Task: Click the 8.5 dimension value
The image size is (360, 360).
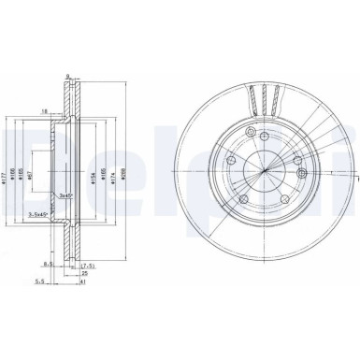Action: pyautogui.click(x=58, y=264)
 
